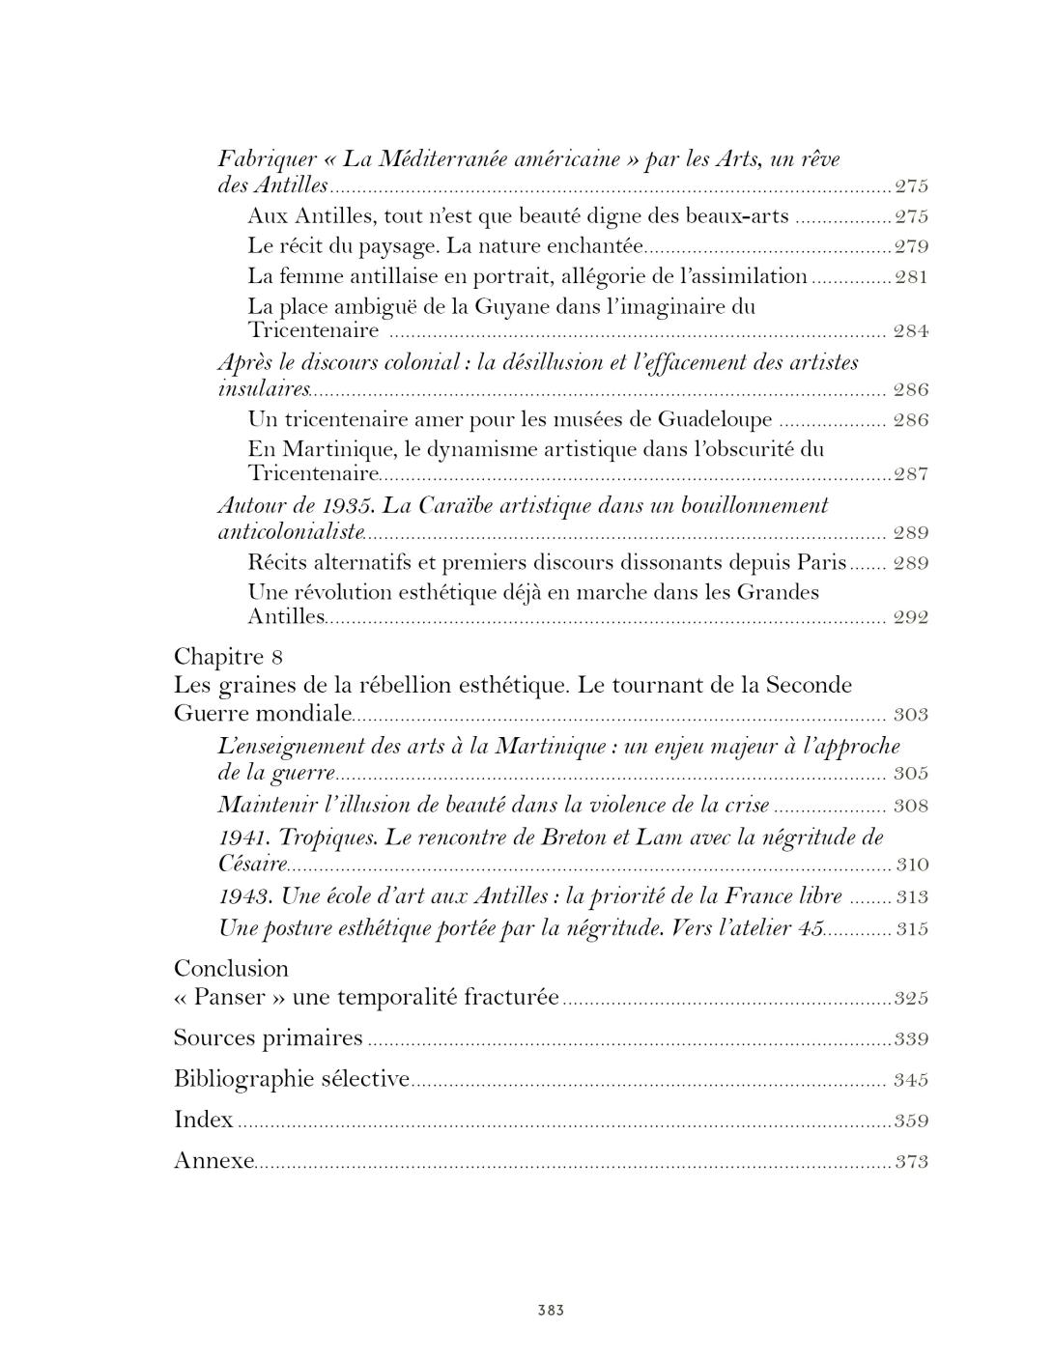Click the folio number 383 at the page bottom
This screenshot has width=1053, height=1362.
(x=551, y=1311)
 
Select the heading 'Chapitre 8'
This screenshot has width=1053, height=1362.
(x=228, y=657)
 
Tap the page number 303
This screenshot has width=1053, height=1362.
(x=911, y=715)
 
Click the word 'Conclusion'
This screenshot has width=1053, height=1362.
(x=231, y=969)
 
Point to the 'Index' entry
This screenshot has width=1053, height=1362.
(x=203, y=1120)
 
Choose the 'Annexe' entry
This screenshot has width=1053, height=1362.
(x=213, y=1160)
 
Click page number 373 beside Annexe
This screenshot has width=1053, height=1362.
(x=911, y=1161)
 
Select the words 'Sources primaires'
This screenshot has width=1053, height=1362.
(x=268, y=1038)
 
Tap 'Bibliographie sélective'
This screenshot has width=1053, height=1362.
(x=291, y=1079)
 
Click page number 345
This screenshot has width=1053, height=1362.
(x=911, y=1080)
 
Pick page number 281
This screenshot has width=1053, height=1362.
(x=911, y=277)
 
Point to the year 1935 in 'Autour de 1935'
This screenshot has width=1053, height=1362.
(x=353, y=505)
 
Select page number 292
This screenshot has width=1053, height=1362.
(x=911, y=618)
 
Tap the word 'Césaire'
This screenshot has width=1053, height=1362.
(x=253, y=864)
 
